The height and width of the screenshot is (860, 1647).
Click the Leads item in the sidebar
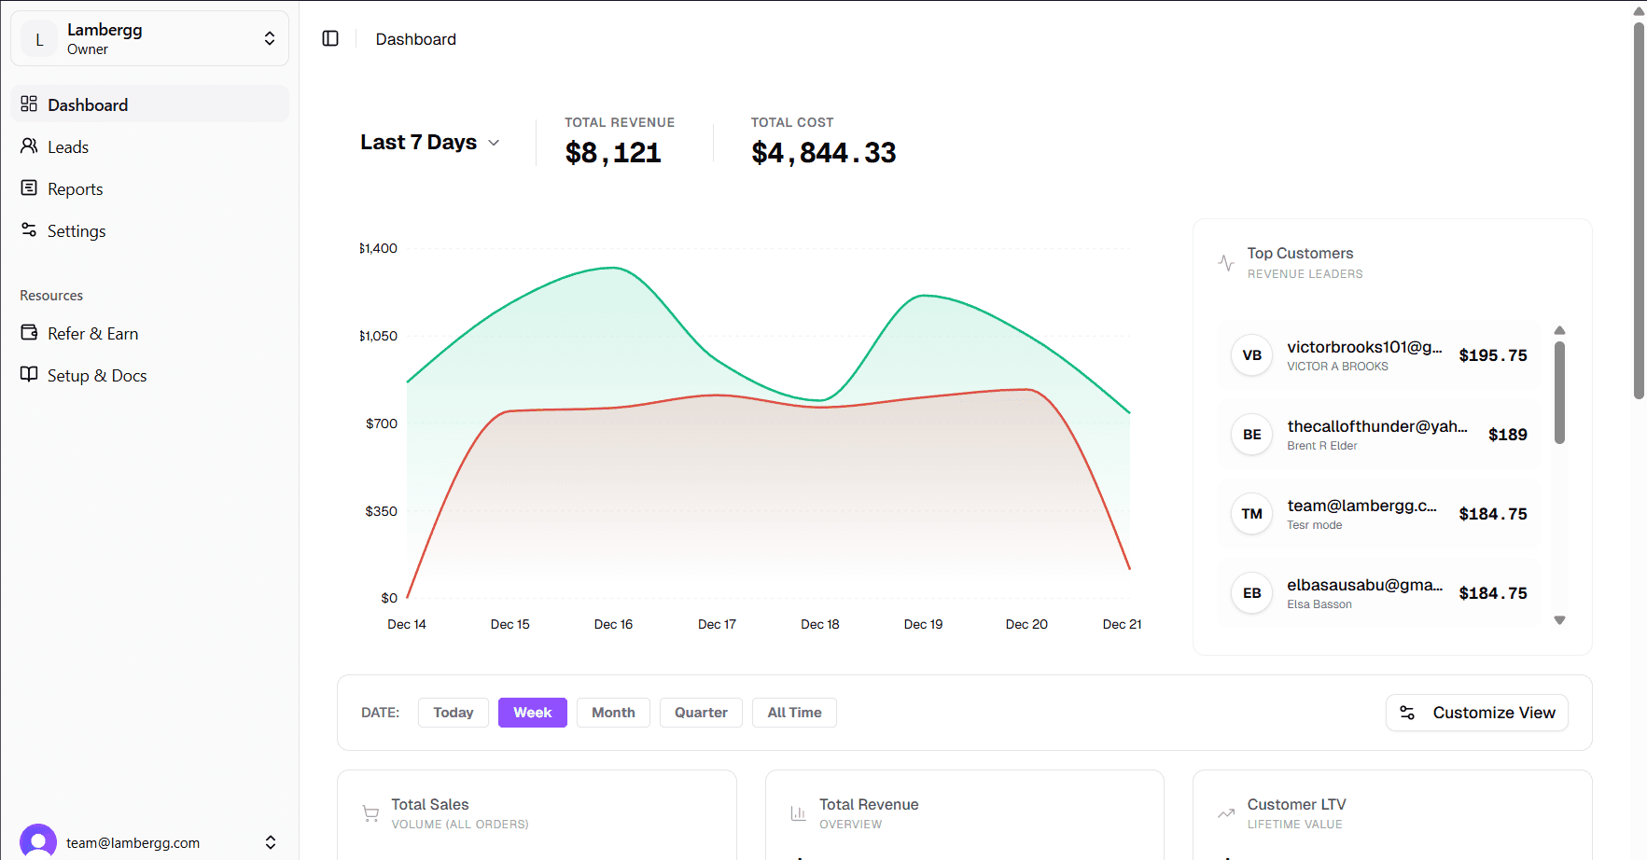(x=68, y=147)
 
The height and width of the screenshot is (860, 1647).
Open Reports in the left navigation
(x=75, y=189)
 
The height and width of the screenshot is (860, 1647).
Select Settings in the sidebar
(x=77, y=231)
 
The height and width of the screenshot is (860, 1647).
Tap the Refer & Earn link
(x=92, y=334)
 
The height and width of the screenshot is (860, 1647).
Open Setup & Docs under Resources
(x=97, y=376)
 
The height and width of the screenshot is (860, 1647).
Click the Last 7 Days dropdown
(x=430, y=143)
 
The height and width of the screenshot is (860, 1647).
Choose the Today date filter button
(x=454, y=713)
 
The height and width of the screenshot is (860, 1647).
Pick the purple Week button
(x=532, y=713)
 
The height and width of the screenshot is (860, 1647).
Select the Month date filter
(x=613, y=713)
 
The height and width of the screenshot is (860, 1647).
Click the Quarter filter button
(x=701, y=713)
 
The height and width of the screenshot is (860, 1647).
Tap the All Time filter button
(x=794, y=713)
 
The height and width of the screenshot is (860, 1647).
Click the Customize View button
(x=1476, y=713)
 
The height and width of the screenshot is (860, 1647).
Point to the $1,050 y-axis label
(x=379, y=336)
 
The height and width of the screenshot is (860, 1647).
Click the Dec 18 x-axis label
(x=819, y=625)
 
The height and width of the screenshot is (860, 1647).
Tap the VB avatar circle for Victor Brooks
(x=1251, y=355)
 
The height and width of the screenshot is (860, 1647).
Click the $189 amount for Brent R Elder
(x=1507, y=435)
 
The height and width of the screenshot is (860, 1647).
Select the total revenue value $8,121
(x=613, y=153)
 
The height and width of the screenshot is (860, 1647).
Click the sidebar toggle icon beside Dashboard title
(x=330, y=38)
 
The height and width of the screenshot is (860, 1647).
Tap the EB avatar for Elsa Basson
(x=1251, y=593)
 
